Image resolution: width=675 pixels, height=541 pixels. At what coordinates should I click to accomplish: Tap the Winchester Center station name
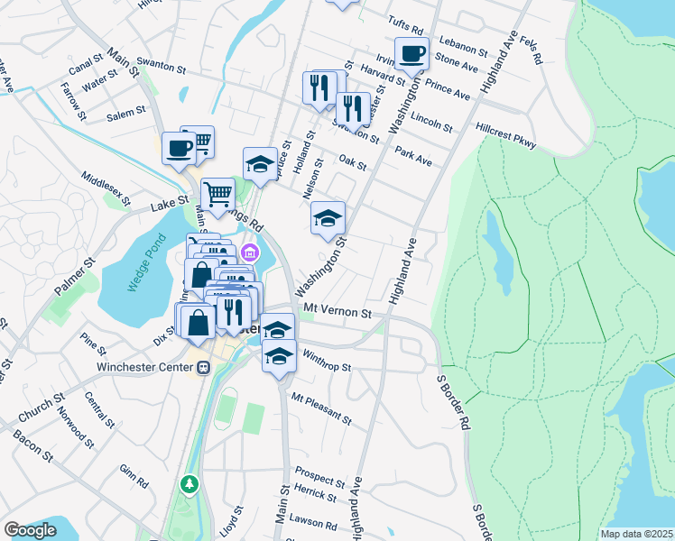click(144, 367)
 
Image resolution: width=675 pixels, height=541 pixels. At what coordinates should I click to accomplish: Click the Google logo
click(30, 530)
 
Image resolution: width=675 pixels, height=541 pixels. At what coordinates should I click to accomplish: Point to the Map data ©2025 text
click(635, 534)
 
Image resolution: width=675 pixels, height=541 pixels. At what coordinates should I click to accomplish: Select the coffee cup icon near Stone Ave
click(411, 53)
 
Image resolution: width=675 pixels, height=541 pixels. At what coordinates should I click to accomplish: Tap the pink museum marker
click(250, 252)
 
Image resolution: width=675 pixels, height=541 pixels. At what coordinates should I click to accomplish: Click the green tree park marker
click(190, 485)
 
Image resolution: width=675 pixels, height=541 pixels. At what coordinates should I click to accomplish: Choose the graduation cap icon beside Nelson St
click(328, 217)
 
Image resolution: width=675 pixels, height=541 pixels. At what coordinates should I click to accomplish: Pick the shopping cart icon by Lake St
click(217, 194)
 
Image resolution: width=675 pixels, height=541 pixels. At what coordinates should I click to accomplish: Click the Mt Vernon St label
click(337, 312)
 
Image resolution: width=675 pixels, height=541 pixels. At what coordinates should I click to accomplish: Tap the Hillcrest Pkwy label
click(505, 136)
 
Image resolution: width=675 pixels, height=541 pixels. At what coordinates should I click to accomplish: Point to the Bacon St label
click(32, 445)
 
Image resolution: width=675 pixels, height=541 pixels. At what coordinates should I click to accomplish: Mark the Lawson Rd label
click(313, 522)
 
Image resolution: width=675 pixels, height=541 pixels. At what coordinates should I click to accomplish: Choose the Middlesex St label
click(106, 188)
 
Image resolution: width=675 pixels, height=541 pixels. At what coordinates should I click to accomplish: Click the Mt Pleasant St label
click(320, 408)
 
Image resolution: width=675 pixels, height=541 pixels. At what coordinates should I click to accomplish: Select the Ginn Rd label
click(133, 475)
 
